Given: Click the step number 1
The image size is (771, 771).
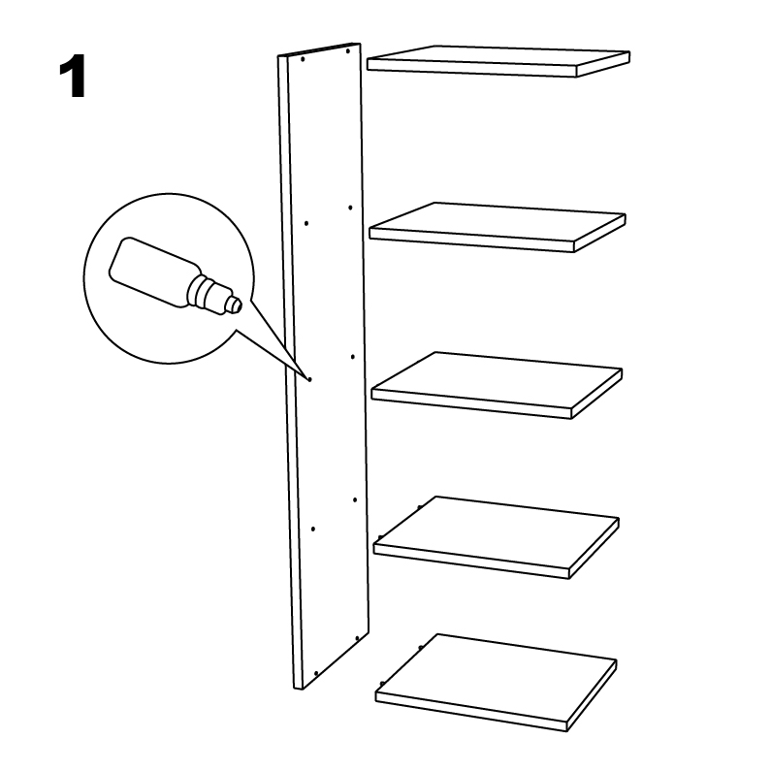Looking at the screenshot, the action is pyautogui.click(x=73, y=77).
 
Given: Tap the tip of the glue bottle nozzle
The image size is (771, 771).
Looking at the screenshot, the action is pyautogui.click(x=240, y=306).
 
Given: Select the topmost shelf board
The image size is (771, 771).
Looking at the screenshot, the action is pyautogui.click(x=498, y=61).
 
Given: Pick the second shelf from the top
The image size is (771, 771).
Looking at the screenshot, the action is pyautogui.click(x=498, y=227).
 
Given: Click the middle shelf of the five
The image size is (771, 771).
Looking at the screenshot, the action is pyautogui.click(x=497, y=385).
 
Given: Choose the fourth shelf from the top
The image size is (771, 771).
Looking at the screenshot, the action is pyautogui.click(x=496, y=537).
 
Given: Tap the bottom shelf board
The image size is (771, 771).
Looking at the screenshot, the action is pyautogui.click(x=496, y=683).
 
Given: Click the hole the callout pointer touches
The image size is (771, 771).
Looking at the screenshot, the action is pyautogui.click(x=309, y=379).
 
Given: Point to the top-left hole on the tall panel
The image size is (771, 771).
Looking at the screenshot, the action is pyautogui.click(x=303, y=59).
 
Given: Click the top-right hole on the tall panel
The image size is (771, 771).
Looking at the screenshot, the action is pyautogui.click(x=347, y=51).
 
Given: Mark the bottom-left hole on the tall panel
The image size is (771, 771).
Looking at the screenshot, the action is pyautogui.click(x=316, y=673).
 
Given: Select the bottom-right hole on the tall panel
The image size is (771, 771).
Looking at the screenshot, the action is pyautogui.click(x=357, y=638).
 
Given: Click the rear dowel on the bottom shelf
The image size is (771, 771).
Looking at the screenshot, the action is pyautogui.click(x=420, y=648).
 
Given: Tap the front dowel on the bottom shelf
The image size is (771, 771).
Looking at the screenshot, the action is pyautogui.click(x=381, y=684).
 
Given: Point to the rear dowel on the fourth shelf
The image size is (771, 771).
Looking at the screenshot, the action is pyautogui.click(x=419, y=507).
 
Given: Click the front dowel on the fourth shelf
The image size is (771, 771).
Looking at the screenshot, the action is pyautogui.click(x=379, y=537).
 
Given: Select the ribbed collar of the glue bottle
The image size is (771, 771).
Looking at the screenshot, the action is pyautogui.click(x=202, y=293).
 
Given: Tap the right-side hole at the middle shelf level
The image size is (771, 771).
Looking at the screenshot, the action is pyautogui.click(x=353, y=357).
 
